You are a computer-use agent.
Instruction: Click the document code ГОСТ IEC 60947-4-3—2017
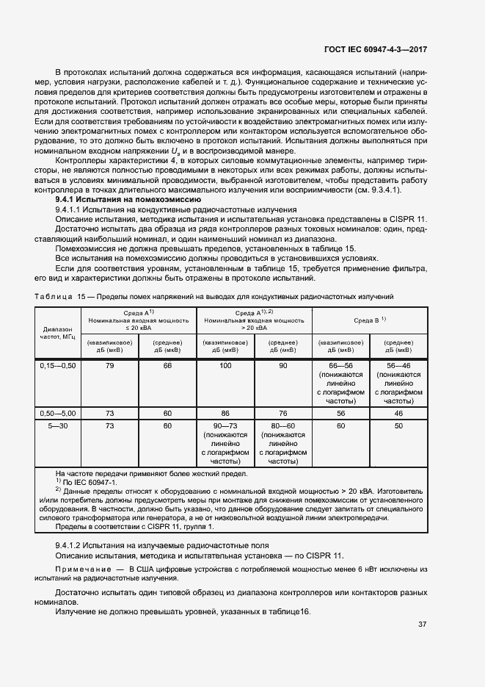tap(376, 49)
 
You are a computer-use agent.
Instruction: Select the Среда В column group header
tap(370, 320)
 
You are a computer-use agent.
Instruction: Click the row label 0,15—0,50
tap(58, 365)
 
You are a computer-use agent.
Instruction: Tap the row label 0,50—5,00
tap(58, 414)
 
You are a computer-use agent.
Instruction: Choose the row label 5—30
tap(58, 425)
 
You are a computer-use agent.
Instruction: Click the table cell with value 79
tap(110, 365)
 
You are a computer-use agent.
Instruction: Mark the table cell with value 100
tap(225, 365)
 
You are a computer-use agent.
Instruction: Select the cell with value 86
tap(225, 414)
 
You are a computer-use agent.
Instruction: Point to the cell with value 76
tap(282, 414)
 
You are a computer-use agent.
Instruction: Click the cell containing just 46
tap(398, 414)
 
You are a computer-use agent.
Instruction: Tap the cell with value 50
tap(398, 425)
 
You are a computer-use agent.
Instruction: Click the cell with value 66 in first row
tap(167, 365)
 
